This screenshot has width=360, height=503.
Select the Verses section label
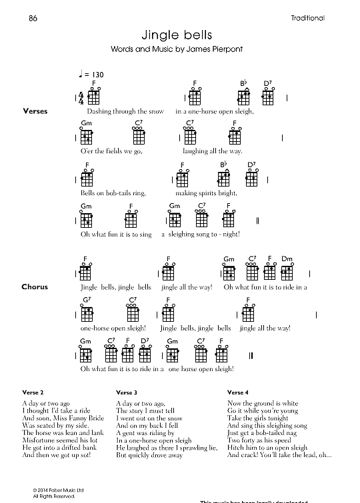pyautogui.click(x=35, y=111)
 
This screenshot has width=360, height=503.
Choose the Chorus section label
pyautogui.click(x=35, y=287)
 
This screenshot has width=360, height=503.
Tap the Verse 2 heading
pyautogui.click(x=33, y=392)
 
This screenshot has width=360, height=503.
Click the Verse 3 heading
pyautogui.click(x=127, y=392)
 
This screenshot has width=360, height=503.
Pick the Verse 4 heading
pyautogui.click(x=238, y=392)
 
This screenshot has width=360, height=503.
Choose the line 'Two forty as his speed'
pyautogui.click(x=259, y=440)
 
